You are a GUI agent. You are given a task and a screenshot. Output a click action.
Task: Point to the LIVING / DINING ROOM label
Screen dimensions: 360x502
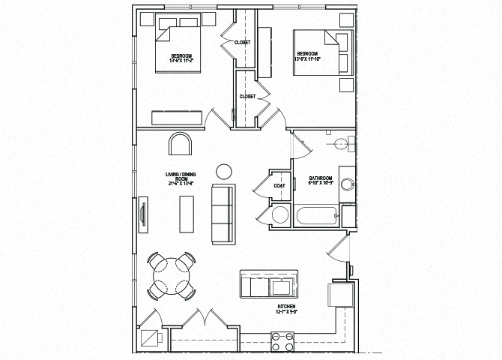pyautogui.click(x=180, y=178)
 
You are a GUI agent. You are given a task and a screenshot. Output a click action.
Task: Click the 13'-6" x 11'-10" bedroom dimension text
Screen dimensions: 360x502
pyautogui.click(x=308, y=58)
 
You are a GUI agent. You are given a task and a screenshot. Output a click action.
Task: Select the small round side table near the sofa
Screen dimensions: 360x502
pyautogui.click(x=224, y=171)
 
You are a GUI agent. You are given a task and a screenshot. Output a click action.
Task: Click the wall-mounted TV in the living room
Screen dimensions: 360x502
pyautogui.click(x=142, y=215)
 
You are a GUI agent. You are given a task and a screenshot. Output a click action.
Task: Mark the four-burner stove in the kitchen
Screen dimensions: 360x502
pyautogui.click(x=282, y=343)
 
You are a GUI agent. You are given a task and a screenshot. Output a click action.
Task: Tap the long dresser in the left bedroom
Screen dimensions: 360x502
pyautogui.click(x=177, y=118)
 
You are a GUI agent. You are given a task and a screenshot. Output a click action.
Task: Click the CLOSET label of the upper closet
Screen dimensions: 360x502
pyautogui.click(x=242, y=43)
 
